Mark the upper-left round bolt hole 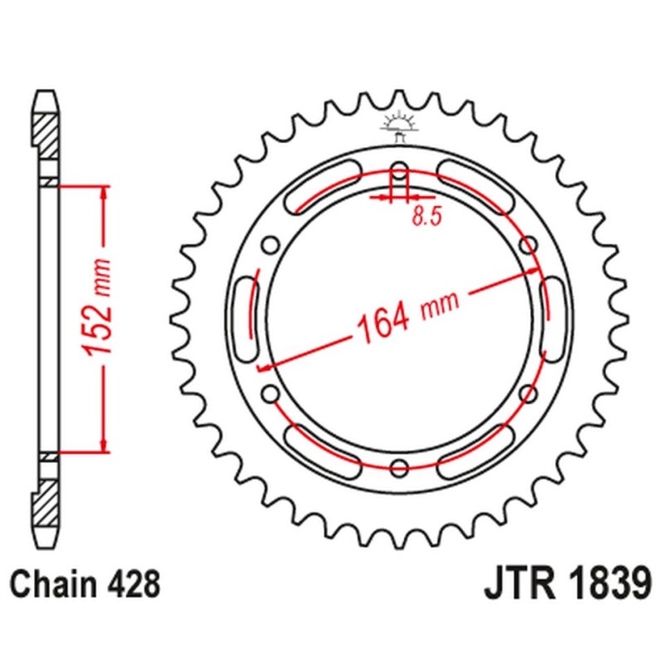(x=268, y=244)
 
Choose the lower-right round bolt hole (x=527, y=393)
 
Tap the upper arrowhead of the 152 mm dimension (x=103, y=193)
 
